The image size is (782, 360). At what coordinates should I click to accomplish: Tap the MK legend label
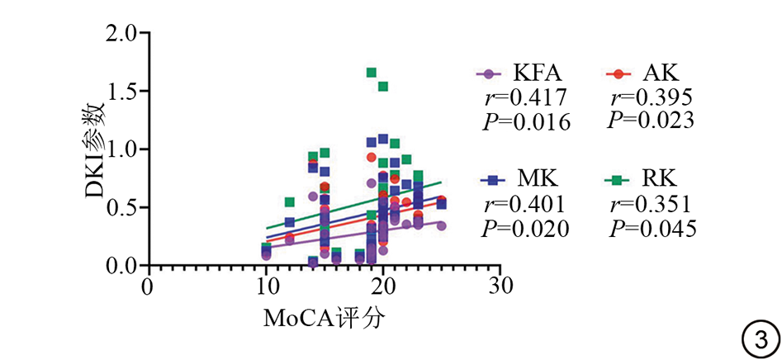coord(538,178)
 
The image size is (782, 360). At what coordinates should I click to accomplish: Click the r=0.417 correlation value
coord(527,98)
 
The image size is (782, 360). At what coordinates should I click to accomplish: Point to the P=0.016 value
coord(527,123)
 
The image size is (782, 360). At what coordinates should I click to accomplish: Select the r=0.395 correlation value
coord(652,97)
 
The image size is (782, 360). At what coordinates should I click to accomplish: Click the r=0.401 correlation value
coord(526,203)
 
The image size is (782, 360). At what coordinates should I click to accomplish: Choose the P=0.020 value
coord(526,228)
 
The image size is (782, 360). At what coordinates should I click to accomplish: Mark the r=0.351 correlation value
coord(652,203)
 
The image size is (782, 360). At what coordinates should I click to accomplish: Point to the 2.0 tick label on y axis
coord(122,34)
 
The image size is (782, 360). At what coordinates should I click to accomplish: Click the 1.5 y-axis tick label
coord(122,92)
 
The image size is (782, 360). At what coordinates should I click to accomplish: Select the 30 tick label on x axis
coord(500,287)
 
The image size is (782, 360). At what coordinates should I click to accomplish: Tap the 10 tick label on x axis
coord(265,287)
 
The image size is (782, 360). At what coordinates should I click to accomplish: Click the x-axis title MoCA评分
coord(324,318)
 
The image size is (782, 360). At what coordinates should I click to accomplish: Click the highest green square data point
coord(372,73)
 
